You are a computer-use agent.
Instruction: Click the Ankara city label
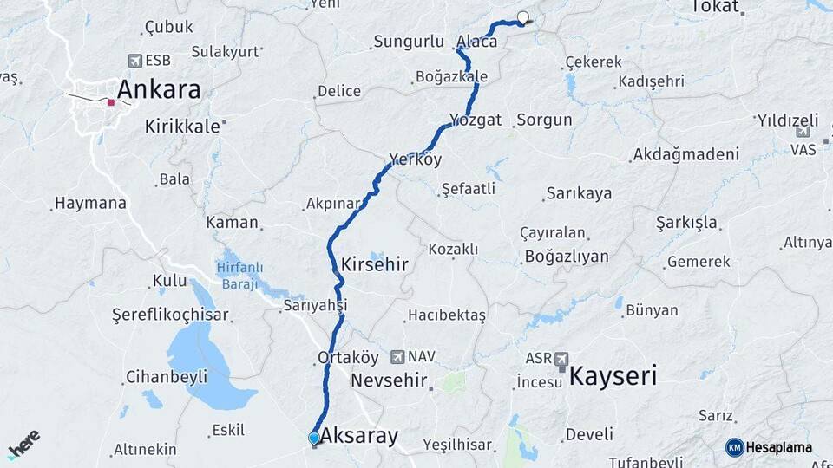point(158,89)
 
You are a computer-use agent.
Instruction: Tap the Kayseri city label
point(613,376)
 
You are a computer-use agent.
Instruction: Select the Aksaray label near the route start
point(359,436)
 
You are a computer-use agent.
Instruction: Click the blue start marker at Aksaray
point(314,439)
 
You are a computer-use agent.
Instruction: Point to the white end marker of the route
point(523,16)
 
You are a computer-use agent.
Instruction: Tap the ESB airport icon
point(134,61)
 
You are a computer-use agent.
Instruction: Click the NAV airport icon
point(397,356)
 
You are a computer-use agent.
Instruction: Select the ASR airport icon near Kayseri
point(561,359)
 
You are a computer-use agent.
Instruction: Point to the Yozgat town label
point(476,120)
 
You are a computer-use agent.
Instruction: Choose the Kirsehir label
point(375,264)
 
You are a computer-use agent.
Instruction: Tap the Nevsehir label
point(390,380)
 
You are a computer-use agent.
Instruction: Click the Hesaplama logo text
point(778,447)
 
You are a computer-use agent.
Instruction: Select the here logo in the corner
point(23,444)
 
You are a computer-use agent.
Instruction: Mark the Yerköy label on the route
point(416,159)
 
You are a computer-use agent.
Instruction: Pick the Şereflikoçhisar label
point(170,315)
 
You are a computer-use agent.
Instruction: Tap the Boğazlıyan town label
point(566,257)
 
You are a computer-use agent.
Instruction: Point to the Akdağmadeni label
point(686,154)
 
